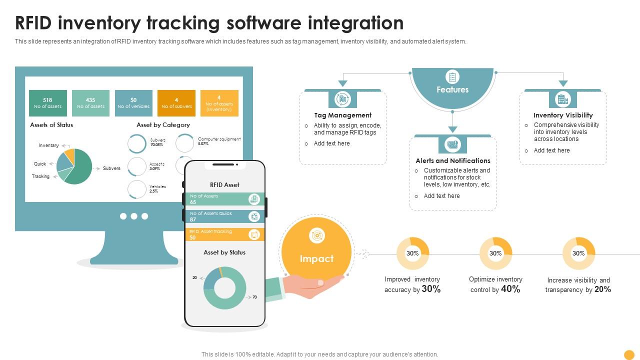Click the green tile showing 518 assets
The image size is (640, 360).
pos(47,103)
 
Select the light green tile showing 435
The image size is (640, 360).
pos(90,103)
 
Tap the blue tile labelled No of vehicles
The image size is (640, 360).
pos(133,103)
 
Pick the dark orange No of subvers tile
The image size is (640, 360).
pos(176,103)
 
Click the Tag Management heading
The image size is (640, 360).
pos(342,115)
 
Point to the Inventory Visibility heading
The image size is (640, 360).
pos(563,115)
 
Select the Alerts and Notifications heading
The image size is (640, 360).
pos(453,161)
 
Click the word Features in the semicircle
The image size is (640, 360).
pos(452,90)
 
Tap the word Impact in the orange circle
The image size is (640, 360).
pos(316,259)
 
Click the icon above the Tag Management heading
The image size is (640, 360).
pos(342,99)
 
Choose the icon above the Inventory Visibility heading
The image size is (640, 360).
pos(563,99)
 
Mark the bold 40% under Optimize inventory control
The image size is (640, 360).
pos(510,289)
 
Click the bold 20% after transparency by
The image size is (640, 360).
pos(602,289)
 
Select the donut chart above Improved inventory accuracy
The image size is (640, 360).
pos(412,253)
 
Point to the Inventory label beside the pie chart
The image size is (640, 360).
pos(48,145)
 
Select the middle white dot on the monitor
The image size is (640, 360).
pos(134,216)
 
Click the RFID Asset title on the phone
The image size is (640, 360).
pos(224,185)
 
